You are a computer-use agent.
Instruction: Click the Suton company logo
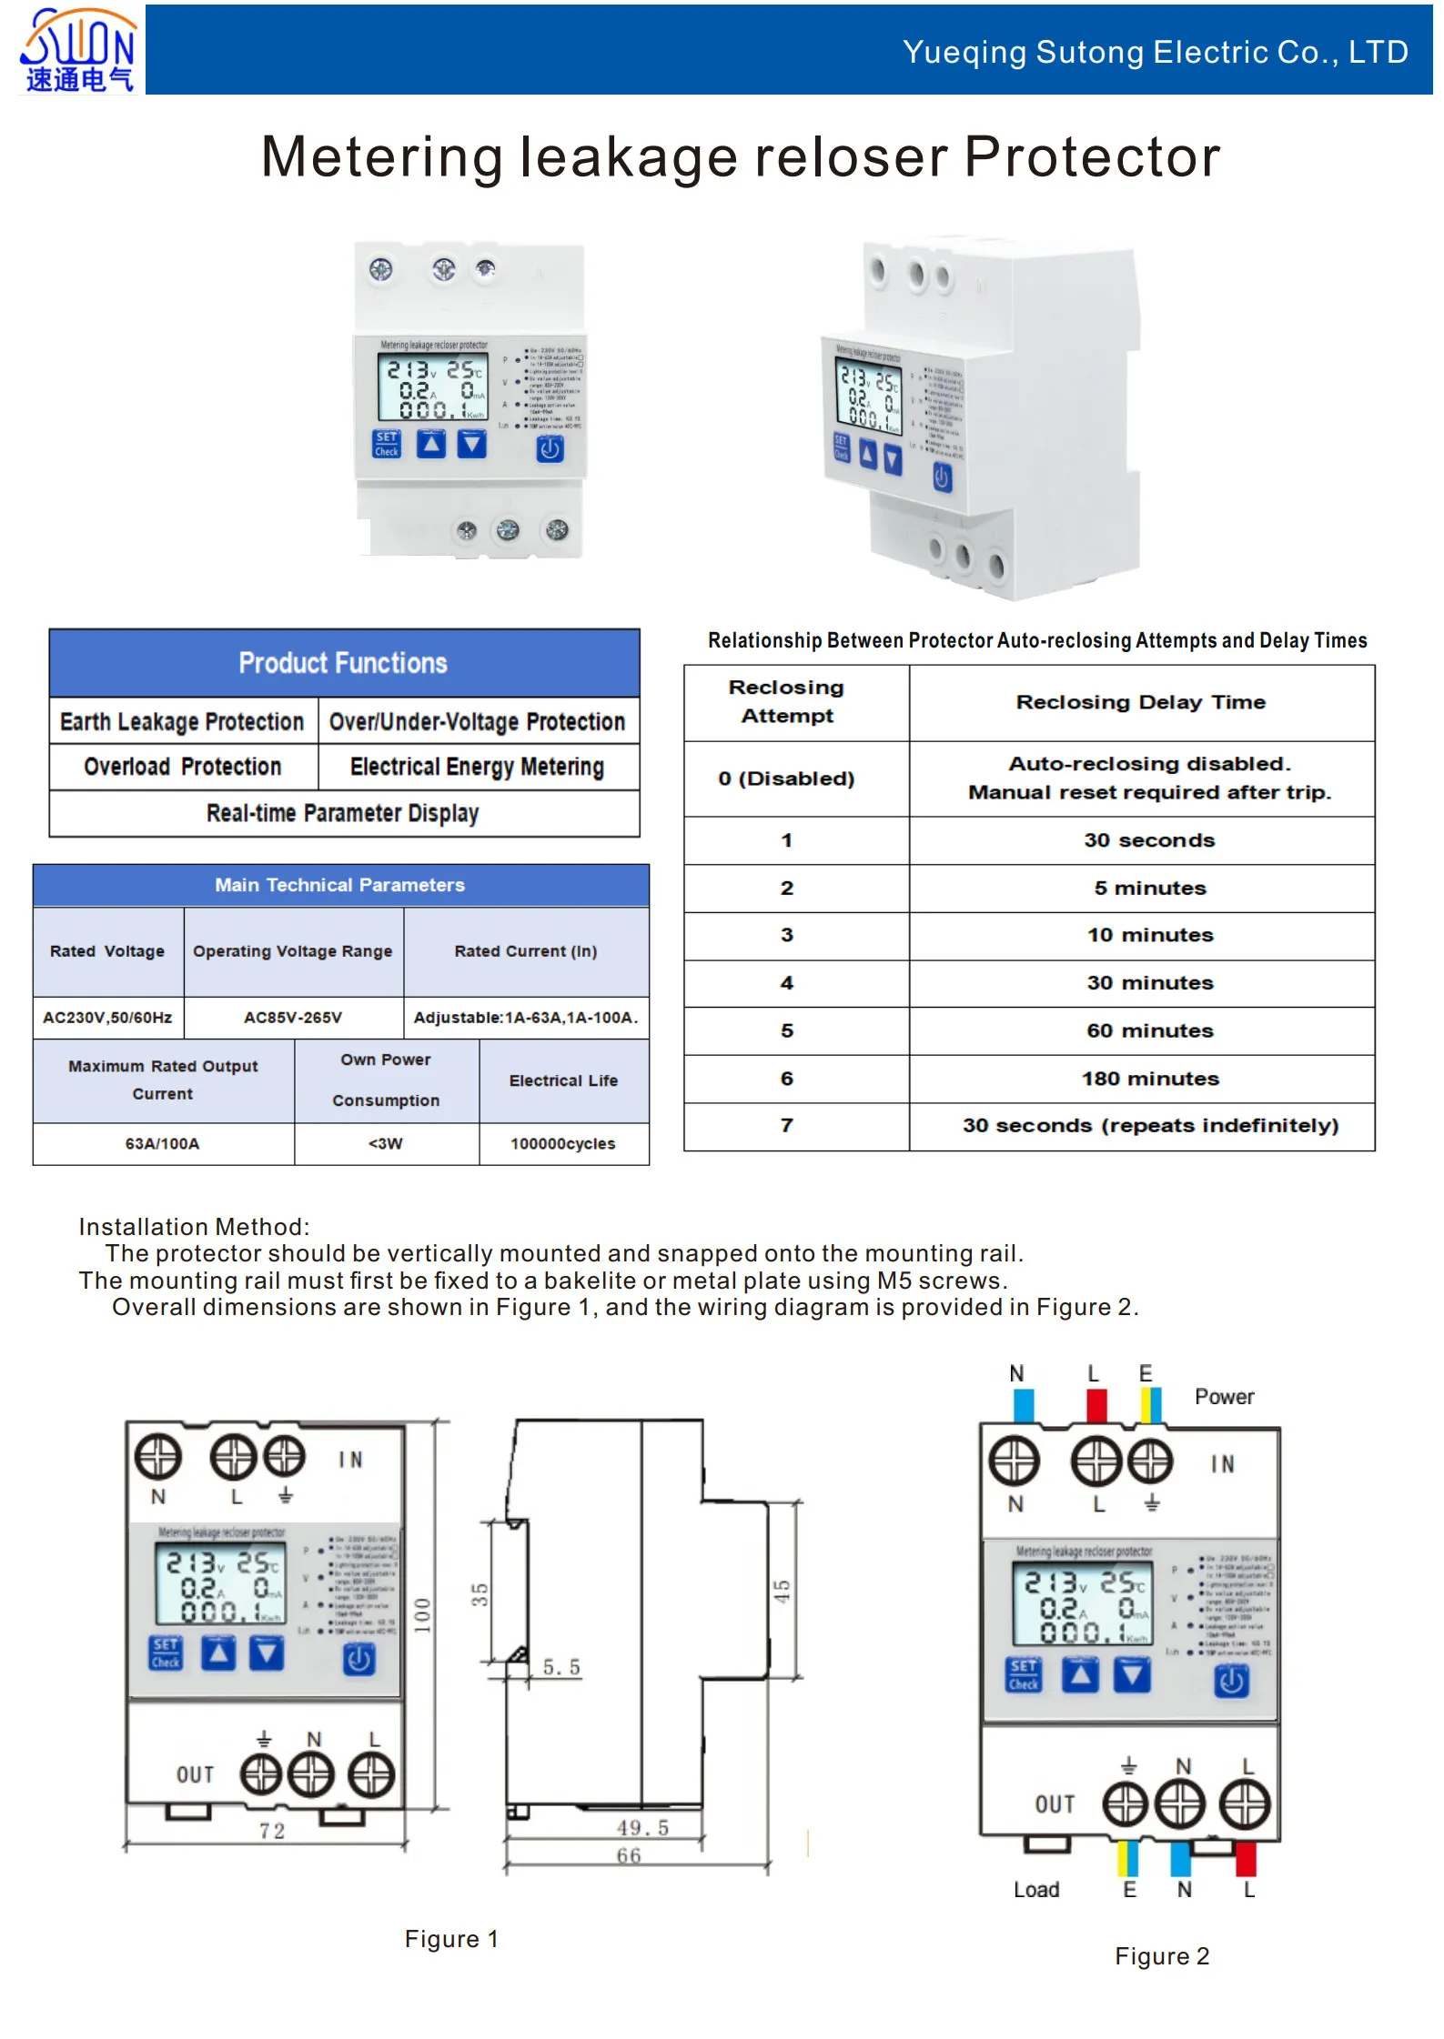(78, 50)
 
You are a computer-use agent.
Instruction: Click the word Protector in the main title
(1091, 156)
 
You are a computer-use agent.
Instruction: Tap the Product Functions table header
(343, 663)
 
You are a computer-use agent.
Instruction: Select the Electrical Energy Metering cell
(477, 767)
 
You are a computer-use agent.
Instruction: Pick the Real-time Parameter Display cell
(343, 813)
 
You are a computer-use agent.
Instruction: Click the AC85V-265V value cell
(293, 1018)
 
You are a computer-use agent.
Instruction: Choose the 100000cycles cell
(562, 1143)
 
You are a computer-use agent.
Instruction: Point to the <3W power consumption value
(385, 1143)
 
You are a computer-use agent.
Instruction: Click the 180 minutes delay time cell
(1149, 1079)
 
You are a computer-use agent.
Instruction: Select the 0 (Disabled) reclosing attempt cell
(786, 778)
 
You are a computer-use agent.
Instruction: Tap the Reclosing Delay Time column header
(1140, 702)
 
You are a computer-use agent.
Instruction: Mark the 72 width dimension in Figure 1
(271, 1831)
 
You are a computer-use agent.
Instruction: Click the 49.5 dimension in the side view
(642, 1828)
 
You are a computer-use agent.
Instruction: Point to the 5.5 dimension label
(561, 1667)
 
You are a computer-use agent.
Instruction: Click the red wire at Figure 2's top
(1096, 1405)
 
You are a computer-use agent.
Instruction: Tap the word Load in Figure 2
(1036, 1890)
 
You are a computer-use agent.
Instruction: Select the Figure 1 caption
(451, 1939)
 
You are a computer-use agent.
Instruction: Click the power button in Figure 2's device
(1231, 1681)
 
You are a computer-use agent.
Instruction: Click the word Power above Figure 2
(1224, 1397)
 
